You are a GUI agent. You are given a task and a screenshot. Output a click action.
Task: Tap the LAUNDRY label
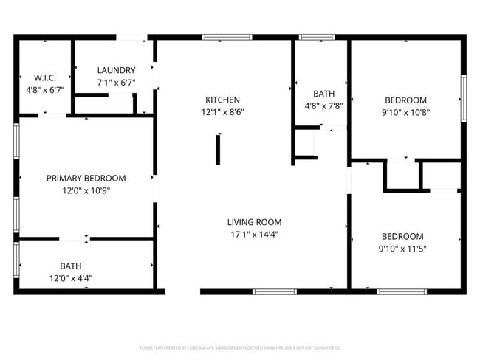(116, 70)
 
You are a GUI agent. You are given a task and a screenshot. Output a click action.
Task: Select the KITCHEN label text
(222, 100)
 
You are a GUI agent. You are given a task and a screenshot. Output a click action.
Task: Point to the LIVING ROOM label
(254, 222)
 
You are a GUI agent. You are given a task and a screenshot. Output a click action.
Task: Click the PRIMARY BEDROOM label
(86, 179)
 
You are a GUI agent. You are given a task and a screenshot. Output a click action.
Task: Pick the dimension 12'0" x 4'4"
(71, 278)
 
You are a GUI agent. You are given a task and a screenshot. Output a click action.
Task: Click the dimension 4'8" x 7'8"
(323, 106)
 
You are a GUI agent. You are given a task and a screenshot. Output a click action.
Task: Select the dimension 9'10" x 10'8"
(405, 113)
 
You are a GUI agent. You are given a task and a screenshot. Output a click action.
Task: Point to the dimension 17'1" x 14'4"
(254, 235)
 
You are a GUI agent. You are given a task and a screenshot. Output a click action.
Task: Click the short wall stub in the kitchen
(218, 148)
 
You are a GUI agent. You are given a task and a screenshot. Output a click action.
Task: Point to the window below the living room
(275, 291)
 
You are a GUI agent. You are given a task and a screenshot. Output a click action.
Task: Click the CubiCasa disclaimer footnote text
(240, 347)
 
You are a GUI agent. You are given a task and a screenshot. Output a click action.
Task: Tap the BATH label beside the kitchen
(323, 94)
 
